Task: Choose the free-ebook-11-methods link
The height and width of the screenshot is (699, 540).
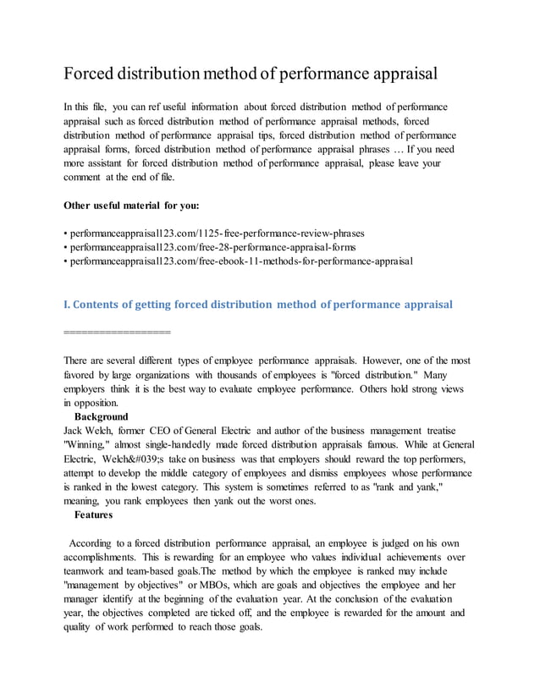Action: pos(240,261)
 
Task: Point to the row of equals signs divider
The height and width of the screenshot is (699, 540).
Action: pos(118,332)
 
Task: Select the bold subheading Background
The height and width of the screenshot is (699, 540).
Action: pos(101,417)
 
